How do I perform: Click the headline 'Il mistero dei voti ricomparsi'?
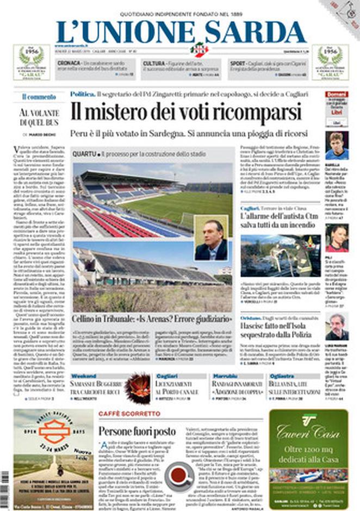point(185,113)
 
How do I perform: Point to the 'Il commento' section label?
point(39,97)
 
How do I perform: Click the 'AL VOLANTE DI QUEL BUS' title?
point(39,117)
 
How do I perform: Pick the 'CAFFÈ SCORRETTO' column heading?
point(129,414)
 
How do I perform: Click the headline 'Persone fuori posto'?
point(137,432)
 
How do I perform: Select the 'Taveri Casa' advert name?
point(308,432)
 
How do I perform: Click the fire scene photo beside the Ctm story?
point(281,255)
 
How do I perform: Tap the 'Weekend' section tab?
point(83,376)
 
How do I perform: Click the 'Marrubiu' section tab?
point(225,376)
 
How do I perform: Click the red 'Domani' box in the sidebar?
point(337,94)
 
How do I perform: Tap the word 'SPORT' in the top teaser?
point(238,64)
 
